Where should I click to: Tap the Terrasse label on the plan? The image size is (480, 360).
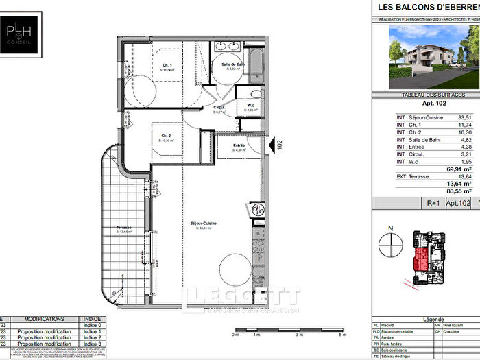(124, 228)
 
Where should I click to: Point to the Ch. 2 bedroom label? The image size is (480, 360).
(165, 136)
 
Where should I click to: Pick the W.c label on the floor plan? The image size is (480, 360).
(251, 106)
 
